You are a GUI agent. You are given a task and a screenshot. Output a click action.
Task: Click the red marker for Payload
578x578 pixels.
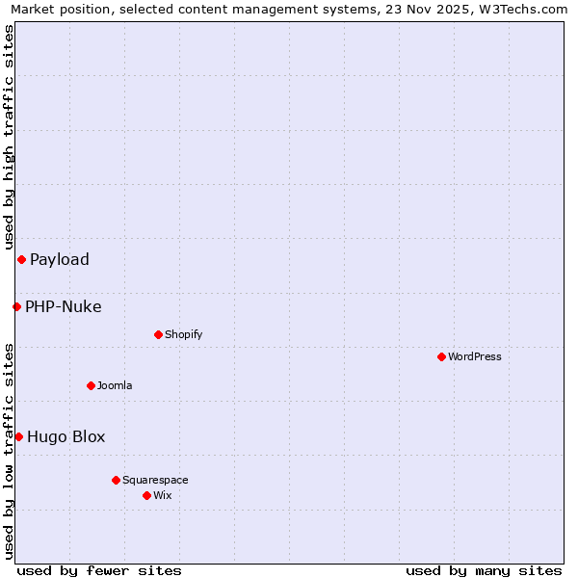(21, 259)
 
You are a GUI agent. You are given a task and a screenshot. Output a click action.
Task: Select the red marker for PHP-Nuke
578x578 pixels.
(16, 306)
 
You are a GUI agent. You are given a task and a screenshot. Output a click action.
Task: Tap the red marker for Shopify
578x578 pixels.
(158, 334)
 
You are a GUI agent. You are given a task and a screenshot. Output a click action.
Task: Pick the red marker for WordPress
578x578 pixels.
(441, 356)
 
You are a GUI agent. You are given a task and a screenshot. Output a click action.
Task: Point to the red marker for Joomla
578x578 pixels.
(91, 385)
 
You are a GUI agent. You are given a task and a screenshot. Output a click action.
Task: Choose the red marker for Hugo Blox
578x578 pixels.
(18, 436)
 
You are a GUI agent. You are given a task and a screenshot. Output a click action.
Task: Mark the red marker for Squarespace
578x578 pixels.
(116, 480)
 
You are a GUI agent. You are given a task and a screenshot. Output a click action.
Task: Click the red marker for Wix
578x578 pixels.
(146, 495)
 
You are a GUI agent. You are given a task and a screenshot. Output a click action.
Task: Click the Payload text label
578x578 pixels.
(60, 259)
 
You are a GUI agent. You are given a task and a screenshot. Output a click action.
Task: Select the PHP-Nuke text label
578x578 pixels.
(64, 307)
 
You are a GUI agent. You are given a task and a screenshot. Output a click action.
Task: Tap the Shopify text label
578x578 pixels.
(183, 334)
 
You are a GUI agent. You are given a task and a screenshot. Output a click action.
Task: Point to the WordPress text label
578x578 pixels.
(475, 356)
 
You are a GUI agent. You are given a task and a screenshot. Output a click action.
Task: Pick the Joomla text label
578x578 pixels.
(115, 385)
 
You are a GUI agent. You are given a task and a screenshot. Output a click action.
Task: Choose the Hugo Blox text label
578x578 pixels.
(66, 436)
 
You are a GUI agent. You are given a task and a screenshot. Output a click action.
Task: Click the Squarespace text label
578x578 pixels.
(155, 480)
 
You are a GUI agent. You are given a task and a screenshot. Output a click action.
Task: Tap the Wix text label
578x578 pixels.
(162, 495)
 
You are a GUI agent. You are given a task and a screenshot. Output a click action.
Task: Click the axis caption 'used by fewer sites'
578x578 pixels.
(99, 570)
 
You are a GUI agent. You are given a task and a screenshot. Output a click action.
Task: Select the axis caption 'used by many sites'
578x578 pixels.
(484, 570)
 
